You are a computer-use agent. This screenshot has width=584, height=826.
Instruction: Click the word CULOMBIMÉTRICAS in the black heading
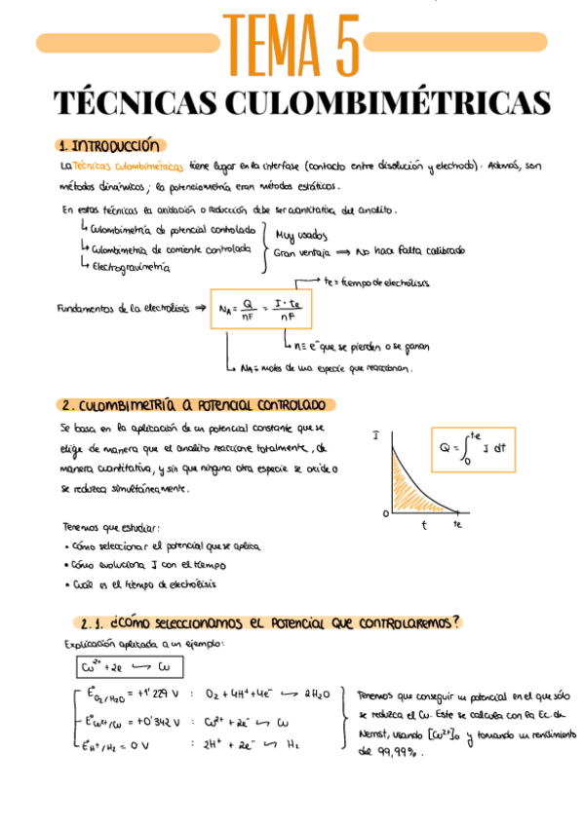390,104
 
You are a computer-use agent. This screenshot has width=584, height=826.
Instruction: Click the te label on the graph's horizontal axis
456,525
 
